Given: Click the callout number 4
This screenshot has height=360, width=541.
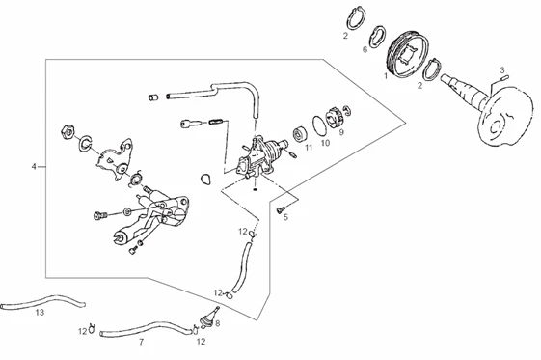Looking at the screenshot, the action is click(x=34, y=167).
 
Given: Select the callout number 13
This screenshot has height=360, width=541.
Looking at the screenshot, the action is click(x=41, y=313).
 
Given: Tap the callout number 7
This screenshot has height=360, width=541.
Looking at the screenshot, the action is click(x=141, y=342).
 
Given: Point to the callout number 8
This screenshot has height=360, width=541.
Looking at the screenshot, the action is click(x=217, y=323).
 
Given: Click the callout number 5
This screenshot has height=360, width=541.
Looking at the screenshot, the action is click(x=285, y=217).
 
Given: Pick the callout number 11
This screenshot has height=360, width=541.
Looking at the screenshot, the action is click(x=309, y=148).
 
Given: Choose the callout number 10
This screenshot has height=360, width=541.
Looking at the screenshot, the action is click(x=325, y=143).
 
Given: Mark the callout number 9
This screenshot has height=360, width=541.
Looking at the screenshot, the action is click(x=341, y=132).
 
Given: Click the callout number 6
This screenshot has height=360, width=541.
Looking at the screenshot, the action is click(x=365, y=49).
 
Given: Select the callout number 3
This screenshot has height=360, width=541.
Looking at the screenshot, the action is click(x=502, y=70).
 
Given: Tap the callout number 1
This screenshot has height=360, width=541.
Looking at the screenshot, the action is click(x=386, y=75).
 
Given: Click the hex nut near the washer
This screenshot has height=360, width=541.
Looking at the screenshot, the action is click(x=68, y=132).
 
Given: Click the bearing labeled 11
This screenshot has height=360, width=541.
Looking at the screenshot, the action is click(x=299, y=134).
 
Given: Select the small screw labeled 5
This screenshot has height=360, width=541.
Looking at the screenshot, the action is click(x=281, y=208).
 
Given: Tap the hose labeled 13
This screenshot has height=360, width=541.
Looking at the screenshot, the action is click(x=41, y=301).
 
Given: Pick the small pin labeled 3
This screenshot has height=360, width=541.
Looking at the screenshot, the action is click(x=504, y=77).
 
